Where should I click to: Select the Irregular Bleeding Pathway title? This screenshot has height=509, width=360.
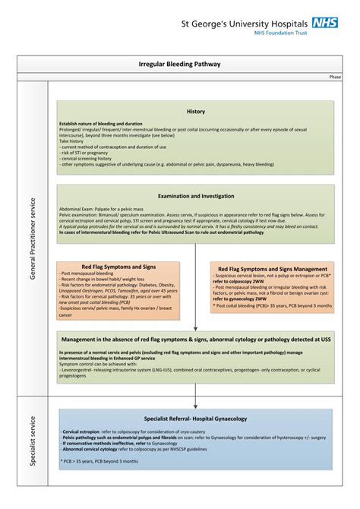(x=179, y=66)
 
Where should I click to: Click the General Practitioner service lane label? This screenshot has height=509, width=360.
(x=32, y=239)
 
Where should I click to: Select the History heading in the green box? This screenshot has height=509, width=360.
(x=195, y=112)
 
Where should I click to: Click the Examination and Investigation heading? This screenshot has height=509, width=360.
(x=195, y=196)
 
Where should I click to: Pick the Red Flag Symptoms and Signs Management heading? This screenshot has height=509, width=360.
(x=273, y=269)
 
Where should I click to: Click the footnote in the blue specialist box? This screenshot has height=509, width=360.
(x=99, y=461)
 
